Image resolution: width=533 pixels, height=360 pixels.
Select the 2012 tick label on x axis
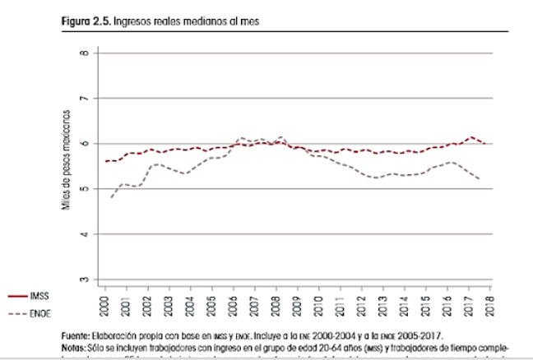pos(363,303)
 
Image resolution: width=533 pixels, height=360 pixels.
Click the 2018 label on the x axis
pos(491,303)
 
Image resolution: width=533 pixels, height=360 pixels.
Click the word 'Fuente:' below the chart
pos(77,335)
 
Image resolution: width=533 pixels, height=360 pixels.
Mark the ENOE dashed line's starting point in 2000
pos(110,197)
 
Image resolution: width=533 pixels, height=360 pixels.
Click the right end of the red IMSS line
pos(484,143)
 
